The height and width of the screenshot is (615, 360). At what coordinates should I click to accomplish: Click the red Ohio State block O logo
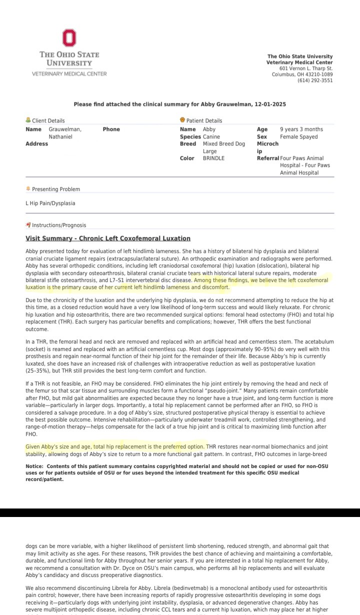[x=69, y=38]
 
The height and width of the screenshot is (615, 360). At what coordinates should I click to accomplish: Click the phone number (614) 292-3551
[x=315, y=80]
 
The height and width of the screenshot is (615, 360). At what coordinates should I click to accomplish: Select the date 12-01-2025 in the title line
[x=269, y=104]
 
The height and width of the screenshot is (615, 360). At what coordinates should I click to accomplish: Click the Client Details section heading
[x=48, y=120]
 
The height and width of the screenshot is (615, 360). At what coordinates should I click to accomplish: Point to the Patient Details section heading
[x=204, y=120]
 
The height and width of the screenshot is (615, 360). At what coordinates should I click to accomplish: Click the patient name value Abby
[x=209, y=129]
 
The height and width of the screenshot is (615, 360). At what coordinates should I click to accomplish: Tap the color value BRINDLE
[x=213, y=158]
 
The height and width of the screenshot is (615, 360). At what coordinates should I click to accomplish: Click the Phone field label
[x=111, y=129]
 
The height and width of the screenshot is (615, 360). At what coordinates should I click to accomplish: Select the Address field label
[x=37, y=144]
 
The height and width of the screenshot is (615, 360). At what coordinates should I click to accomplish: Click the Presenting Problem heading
[x=55, y=189]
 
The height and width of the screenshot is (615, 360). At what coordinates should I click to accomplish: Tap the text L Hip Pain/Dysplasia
[x=50, y=203]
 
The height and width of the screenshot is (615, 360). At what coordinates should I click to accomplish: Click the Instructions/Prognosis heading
[x=59, y=225]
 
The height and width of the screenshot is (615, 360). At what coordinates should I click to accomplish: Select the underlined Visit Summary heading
[x=108, y=238]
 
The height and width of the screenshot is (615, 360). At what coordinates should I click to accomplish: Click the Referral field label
[x=267, y=158]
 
